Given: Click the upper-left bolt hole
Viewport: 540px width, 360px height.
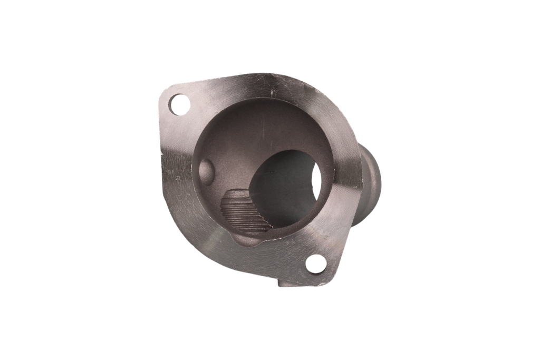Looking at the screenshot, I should pyautogui.click(x=178, y=104).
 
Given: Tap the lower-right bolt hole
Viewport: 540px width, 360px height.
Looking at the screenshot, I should pyautogui.click(x=315, y=264).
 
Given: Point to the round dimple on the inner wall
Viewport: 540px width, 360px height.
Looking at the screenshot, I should pyautogui.click(x=207, y=170).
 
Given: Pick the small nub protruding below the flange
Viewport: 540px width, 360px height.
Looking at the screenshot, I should pyautogui.click(x=285, y=285).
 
